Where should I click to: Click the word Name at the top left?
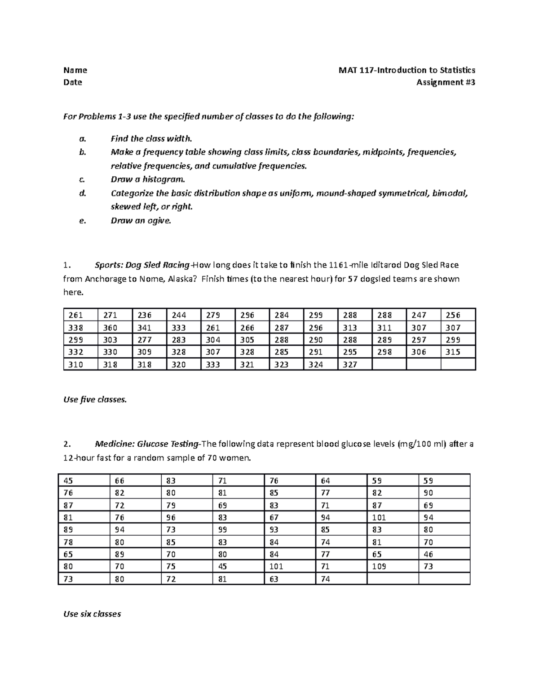75,70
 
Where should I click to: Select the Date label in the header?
73,82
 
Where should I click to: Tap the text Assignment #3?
446,82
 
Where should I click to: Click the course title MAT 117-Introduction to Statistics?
407,70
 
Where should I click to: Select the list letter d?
82,193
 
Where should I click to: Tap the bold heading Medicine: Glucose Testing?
147,444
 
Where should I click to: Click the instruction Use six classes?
93,614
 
